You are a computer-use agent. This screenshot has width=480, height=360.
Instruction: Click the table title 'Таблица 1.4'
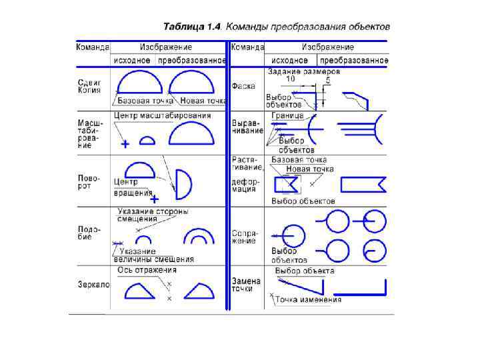(193, 27)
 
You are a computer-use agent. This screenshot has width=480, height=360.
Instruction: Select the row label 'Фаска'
(243, 87)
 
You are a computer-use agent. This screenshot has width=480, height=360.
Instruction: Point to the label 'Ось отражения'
(147, 270)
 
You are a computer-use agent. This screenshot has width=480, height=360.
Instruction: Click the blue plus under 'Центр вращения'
(154, 199)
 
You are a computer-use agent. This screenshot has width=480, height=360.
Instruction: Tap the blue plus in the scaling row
(125, 143)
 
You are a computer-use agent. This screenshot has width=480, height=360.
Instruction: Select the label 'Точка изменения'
(309, 299)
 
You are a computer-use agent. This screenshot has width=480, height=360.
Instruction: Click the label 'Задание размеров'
(304, 71)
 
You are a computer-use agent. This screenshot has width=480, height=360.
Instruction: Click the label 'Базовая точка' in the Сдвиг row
(145, 101)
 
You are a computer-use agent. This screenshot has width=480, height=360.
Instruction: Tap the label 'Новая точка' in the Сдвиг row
(203, 101)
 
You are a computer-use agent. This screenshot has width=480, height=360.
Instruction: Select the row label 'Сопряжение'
(243, 237)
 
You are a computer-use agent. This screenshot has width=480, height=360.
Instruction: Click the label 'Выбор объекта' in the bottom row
(305, 271)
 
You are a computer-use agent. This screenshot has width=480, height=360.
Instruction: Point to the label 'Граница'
(287, 115)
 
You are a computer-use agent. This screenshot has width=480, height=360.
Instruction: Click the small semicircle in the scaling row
(149, 140)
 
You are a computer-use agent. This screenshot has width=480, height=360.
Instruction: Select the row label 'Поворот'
(88, 183)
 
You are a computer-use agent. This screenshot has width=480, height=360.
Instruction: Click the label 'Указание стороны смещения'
(152, 215)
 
